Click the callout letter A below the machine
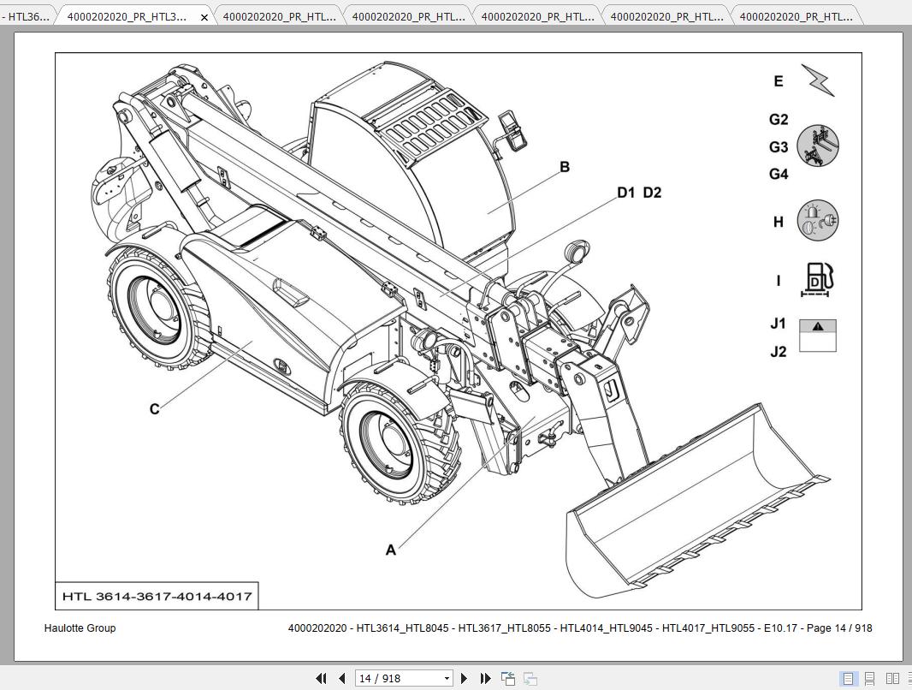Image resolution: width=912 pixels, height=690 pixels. [391, 550]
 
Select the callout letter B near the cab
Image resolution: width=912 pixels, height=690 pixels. [564, 167]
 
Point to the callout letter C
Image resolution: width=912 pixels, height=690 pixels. [154, 409]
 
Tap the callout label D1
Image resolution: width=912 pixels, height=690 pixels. [626, 193]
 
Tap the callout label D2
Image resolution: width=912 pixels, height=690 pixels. [652, 193]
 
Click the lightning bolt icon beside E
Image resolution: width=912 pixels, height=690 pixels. [817, 80]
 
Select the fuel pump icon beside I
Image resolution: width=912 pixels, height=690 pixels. [817, 280]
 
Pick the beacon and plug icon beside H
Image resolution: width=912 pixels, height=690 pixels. [817, 221]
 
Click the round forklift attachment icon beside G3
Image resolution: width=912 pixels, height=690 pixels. [817, 146]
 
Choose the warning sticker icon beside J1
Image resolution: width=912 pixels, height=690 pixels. [817, 336]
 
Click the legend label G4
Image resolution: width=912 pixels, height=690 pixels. [778, 175]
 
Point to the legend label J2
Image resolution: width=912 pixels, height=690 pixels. [778, 352]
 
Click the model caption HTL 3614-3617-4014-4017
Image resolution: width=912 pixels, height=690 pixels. [157, 596]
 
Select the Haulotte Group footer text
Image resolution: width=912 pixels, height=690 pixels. [80, 628]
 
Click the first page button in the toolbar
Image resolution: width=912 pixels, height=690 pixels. [321, 678]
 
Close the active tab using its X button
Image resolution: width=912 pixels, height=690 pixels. [204, 17]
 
